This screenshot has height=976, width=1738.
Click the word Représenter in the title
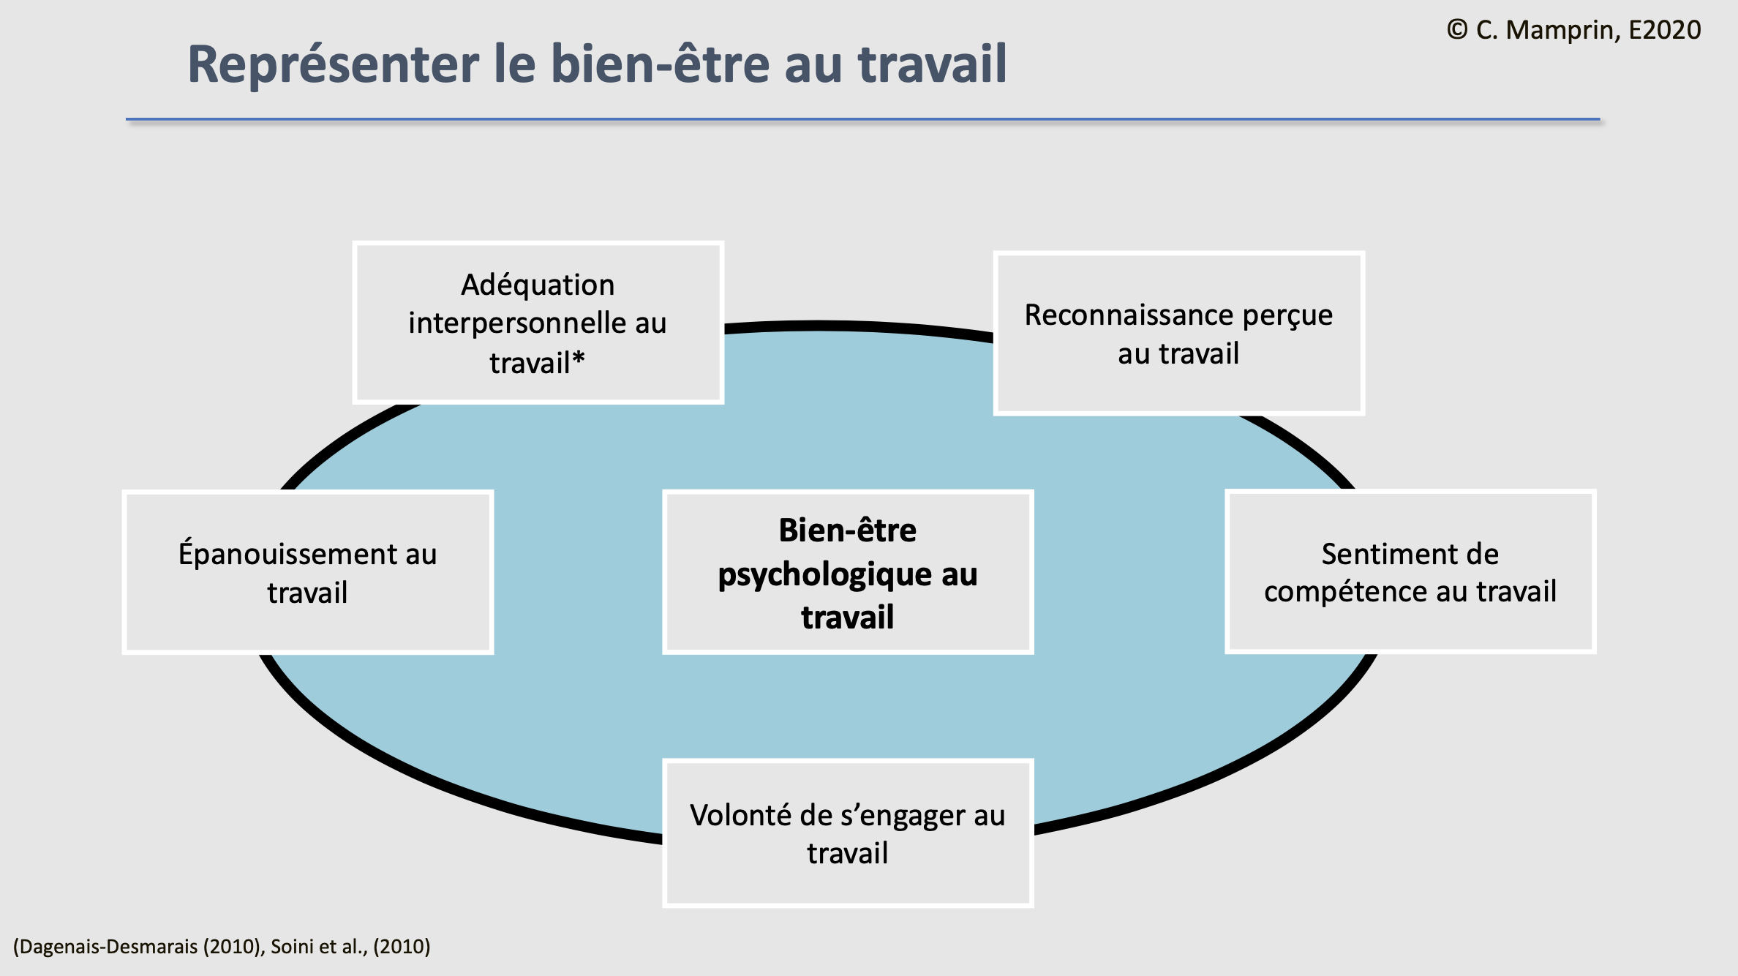click(334, 64)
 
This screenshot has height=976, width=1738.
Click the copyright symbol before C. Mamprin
click(1456, 30)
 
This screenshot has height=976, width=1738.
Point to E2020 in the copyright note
click(1664, 30)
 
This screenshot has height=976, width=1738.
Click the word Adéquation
click(538, 285)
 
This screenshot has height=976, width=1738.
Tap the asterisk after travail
click(579, 360)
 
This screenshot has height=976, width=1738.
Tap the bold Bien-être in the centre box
click(847, 530)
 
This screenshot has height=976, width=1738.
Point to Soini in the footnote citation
click(292, 947)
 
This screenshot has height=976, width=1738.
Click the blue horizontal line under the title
click(863, 119)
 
